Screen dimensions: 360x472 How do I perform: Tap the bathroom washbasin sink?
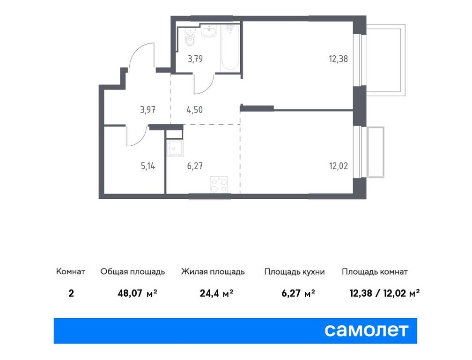208,32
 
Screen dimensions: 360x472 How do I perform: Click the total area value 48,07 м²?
137,294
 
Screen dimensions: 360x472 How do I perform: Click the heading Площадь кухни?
294,272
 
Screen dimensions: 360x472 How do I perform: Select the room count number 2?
71,294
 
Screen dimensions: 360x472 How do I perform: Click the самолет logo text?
366,330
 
